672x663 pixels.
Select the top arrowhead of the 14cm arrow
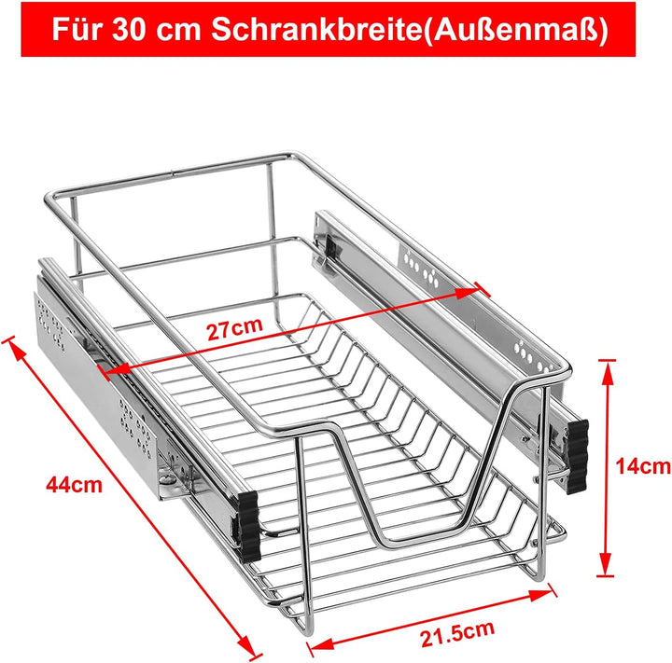[606, 366]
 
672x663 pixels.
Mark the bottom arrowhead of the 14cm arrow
[606, 570]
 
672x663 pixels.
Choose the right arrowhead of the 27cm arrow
[472, 292]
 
